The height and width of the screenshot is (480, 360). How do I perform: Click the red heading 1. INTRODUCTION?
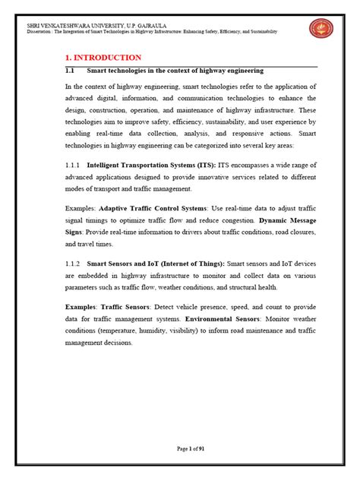(103, 57)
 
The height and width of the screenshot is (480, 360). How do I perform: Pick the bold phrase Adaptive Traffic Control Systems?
(147, 207)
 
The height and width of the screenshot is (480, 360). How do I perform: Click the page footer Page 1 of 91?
(186, 449)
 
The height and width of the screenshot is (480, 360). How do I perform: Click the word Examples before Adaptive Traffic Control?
(81, 207)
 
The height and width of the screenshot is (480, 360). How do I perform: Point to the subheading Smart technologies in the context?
(175, 70)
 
